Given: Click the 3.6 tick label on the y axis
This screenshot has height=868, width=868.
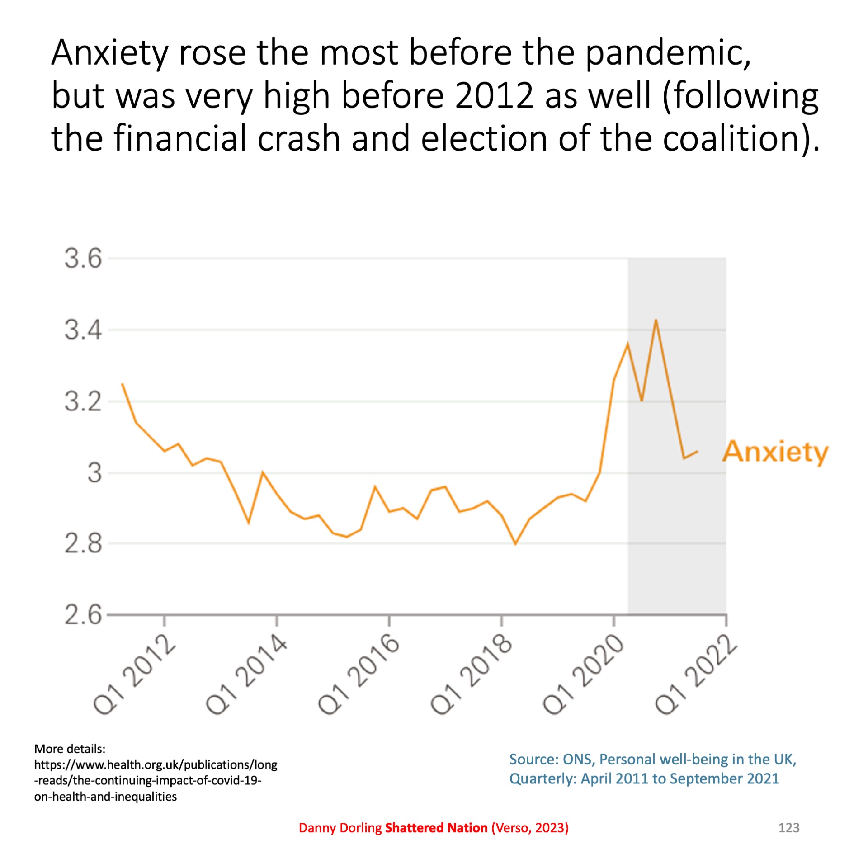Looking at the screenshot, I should (x=83, y=259).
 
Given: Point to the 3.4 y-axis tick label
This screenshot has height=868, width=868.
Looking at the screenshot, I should (x=83, y=330).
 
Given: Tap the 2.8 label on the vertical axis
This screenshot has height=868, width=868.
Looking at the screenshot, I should (x=83, y=544).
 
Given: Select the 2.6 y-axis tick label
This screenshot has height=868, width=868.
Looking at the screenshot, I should (x=83, y=615).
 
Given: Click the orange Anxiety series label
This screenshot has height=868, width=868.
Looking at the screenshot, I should (x=775, y=452).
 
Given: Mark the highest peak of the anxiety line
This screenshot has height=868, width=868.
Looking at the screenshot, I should (x=656, y=320).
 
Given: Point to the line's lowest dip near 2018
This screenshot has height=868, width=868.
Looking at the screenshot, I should (x=515, y=544).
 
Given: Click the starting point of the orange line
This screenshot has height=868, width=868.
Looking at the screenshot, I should (x=123, y=384).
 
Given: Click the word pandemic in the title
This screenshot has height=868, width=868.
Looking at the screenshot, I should (x=667, y=53).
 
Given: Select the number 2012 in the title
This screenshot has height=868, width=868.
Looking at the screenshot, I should (x=494, y=96).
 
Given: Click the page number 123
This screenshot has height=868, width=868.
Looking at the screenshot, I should (x=789, y=828).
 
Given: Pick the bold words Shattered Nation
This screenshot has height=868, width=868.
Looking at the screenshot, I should (x=436, y=828).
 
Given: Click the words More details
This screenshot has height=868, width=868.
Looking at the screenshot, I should (x=70, y=749).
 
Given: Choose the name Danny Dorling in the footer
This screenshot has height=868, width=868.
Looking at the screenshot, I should (x=340, y=828).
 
